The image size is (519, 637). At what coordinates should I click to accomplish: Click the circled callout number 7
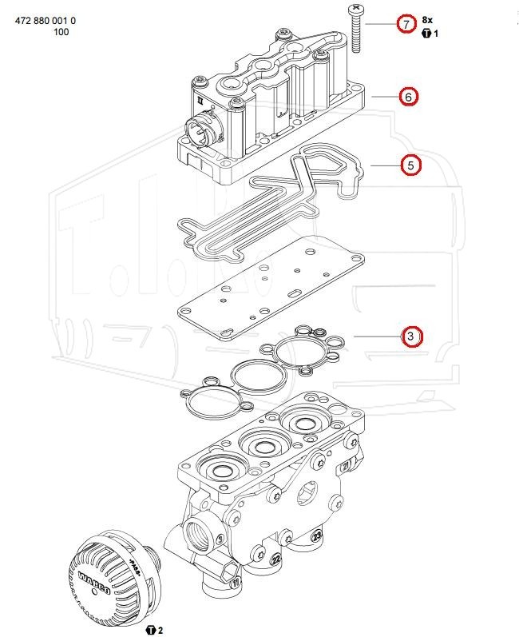coord(407,24)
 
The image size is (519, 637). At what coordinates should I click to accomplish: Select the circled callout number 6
coord(407,97)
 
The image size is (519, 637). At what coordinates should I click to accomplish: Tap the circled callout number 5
coord(410,165)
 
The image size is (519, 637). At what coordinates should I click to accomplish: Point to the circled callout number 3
coord(410,336)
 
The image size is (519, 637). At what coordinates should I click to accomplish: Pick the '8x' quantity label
coord(427,19)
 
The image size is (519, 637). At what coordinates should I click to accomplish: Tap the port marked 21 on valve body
coord(346,464)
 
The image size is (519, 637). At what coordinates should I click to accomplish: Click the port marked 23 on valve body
coord(317,535)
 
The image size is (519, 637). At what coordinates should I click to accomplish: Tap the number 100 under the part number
coord(61,32)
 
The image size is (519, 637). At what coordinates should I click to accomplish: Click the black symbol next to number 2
coord(151,631)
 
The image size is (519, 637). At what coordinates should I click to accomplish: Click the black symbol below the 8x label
coord(426,34)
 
